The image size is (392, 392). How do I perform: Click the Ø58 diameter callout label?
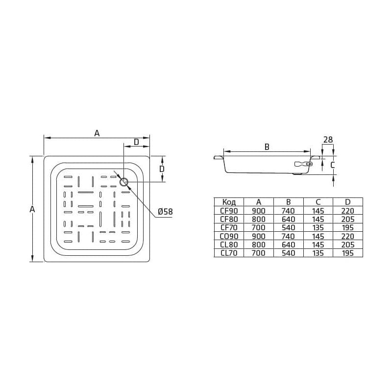pyautogui.click(x=165, y=212)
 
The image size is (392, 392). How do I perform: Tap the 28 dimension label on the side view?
pyautogui.click(x=328, y=140)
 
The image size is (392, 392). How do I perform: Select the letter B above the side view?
pyautogui.click(x=267, y=147)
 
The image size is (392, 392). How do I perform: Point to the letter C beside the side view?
pyautogui.click(x=332, y=165)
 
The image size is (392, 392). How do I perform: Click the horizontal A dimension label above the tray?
pyautogui.click(x=97, y=133)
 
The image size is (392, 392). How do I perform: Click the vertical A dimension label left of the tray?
pyautogui.click(x=32, y=209)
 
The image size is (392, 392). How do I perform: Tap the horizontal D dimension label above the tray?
pyautogui.click(x=136, y=142)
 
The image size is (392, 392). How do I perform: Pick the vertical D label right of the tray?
pyautogui.click(x=162, y=169)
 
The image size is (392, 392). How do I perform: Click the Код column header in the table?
pyautogui.click(x=229, y=202)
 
